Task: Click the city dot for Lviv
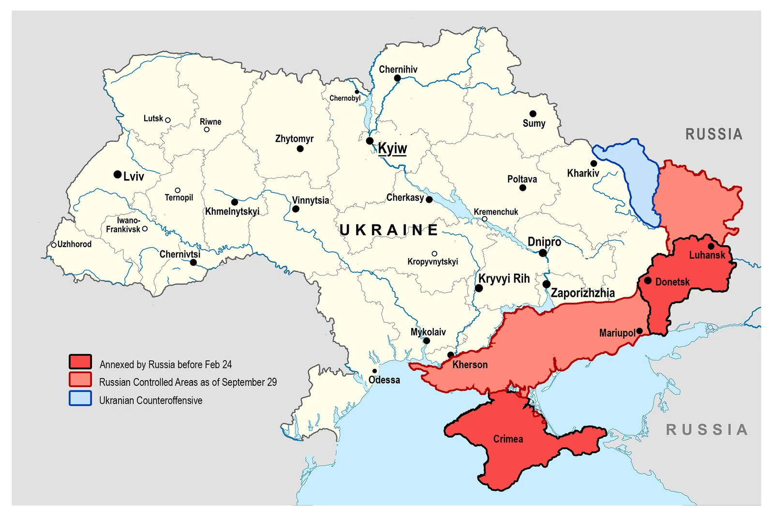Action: [x=118, y=174]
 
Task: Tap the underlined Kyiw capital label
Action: [x=392, y=148]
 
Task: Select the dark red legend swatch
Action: [x=80, y=362]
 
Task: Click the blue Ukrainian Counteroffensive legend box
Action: [x=80, y=398]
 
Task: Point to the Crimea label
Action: [x=508, y=439]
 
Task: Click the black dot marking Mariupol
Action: [x=640, y=331]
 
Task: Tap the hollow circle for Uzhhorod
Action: [x=54, y=245]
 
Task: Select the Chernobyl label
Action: [x=345, y=98]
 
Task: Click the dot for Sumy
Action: [x=533, y=114]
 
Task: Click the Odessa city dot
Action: [x=374, y=371]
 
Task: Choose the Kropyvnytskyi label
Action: [x=432, y=262]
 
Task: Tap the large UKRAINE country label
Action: [x=389, y=230]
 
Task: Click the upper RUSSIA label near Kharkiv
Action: [x=714, y=134]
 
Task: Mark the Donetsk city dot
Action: [x=648, y=280]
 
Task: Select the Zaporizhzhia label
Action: [x=582, y=293]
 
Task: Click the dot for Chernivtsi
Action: [x=193, y=263]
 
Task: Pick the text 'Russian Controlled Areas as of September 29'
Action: [x=188, y=382]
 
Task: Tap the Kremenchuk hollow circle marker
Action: [x=485, y=219]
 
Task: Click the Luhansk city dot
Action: [x=711, y=246]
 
